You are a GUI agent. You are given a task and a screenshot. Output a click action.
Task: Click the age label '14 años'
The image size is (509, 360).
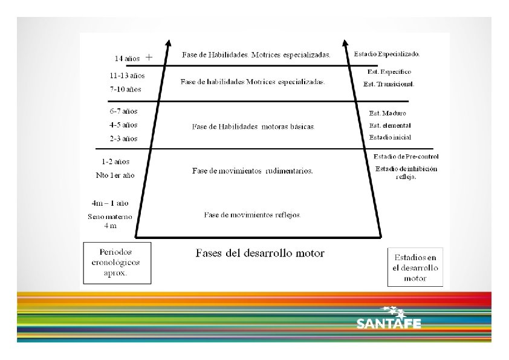pos(128,59)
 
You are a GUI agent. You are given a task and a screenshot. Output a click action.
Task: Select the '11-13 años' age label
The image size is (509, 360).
pos(127,76)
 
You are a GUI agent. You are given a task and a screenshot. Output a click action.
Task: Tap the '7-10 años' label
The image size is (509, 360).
pos(126,89)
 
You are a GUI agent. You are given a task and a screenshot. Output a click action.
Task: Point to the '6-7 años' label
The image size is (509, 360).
pos(124,111)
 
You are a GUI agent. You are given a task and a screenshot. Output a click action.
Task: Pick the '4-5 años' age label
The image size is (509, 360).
pos(124,125)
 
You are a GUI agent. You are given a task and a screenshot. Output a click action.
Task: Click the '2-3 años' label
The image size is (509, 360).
pos(124,139)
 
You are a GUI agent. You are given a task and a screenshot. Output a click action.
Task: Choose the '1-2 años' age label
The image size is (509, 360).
pos(116,162)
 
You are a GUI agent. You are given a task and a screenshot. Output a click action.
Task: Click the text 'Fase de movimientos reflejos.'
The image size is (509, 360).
pos(253,215)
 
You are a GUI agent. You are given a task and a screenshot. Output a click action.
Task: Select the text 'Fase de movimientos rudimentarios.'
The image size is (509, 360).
pos(253,171)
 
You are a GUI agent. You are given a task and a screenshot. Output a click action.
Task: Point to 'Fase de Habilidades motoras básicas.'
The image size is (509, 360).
pos(253,127)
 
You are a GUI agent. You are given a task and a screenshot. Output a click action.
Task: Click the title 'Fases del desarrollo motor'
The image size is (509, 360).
pos(260,253)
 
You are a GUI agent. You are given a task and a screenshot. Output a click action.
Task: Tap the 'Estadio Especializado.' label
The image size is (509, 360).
pos(387,54)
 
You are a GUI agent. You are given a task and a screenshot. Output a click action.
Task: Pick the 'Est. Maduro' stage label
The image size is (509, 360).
pos(387,113)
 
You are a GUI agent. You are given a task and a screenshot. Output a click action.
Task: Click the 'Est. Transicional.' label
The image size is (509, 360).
pos(388,84)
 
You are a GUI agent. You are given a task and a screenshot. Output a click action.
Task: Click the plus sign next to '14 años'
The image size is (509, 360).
pos(149,57)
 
